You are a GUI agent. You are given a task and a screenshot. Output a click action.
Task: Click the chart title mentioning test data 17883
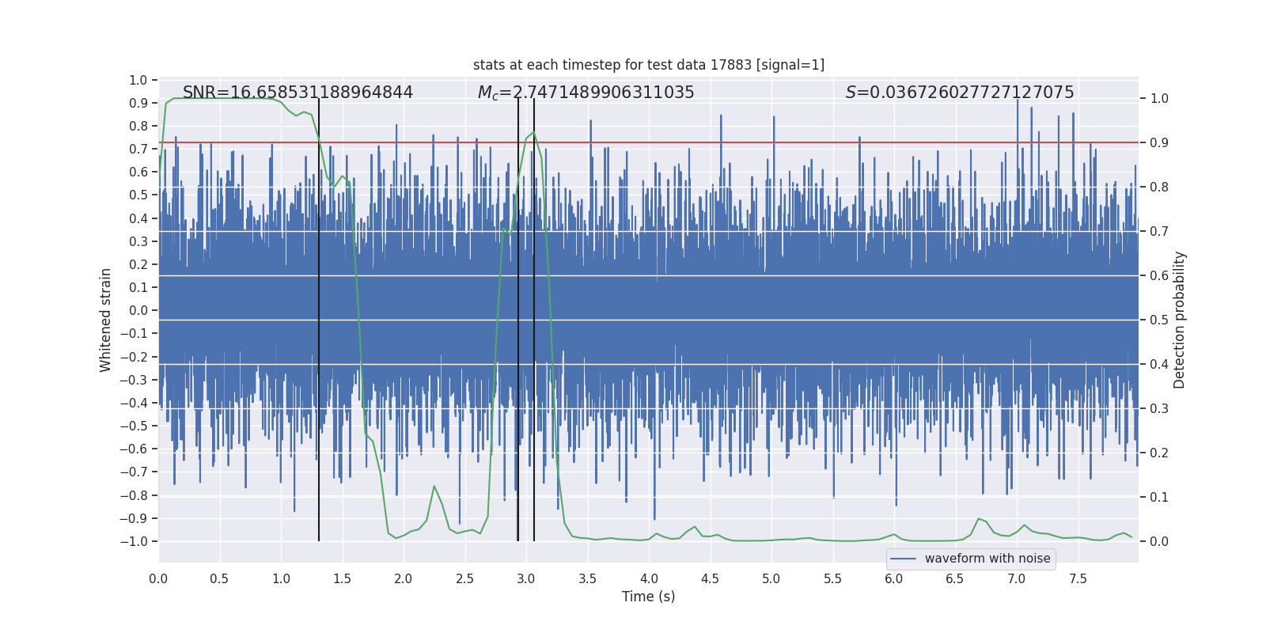click(648, 65)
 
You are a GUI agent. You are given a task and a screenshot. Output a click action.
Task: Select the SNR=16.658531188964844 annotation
click(298, 93)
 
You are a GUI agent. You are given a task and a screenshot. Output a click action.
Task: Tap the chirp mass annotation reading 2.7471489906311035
click(586, 93)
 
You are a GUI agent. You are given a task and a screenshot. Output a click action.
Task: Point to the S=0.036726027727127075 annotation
click(959, 93)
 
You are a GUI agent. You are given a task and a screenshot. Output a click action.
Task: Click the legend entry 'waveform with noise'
click(987, 559)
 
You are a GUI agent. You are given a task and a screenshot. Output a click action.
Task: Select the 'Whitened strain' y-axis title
click(106, 320)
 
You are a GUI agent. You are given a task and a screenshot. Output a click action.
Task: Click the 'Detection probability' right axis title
click(1180, 320)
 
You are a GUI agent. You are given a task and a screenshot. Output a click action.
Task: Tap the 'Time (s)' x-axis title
click(648, 597)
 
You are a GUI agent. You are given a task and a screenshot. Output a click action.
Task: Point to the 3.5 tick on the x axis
click(587, 578)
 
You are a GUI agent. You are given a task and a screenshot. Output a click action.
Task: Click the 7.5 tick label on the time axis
click(1078, 578)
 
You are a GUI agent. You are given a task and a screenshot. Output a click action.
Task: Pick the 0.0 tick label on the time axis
click(158, 578)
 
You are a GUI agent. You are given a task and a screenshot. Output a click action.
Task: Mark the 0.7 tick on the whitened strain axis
click(138, 149)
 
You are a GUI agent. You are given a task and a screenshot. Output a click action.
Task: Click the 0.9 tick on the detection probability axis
click(1159, 143)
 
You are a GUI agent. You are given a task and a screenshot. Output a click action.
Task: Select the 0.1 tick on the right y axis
click(1159, 497)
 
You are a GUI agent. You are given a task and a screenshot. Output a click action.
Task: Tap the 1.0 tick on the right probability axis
click(1159, 99)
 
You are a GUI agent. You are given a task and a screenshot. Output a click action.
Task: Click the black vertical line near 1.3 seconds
click(319, 316)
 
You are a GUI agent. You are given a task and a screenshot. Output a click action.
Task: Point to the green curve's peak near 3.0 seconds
click(534, 132)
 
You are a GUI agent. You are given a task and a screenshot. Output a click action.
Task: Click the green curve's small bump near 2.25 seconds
click(434, 486)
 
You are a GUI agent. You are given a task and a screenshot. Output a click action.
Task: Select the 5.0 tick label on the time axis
click(771, 578)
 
